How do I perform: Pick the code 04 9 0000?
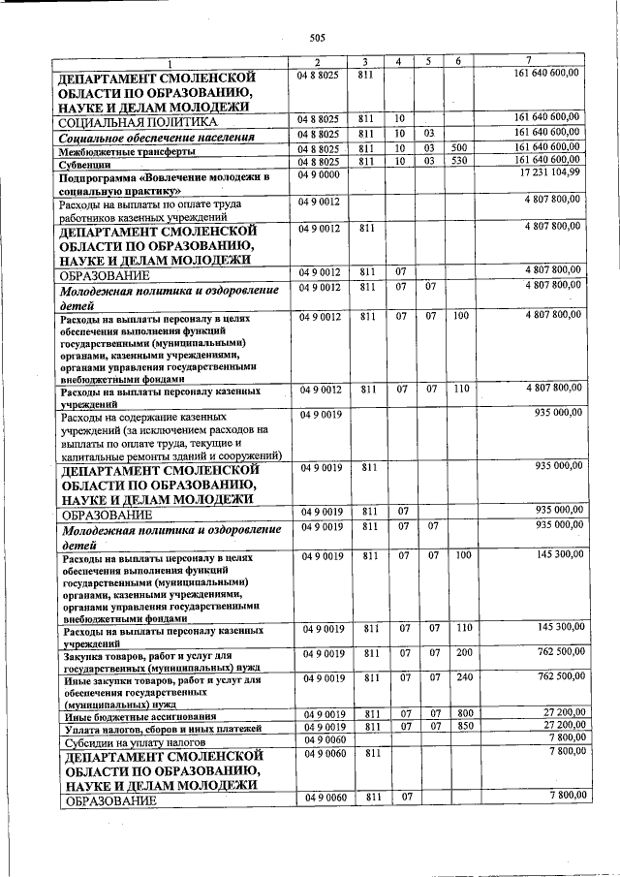click(x=319, y=173)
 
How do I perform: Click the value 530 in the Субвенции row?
click(x=459, y=160)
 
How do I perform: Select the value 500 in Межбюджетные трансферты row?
click(x=459, y=146)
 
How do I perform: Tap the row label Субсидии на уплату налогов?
click(x=131, y=742)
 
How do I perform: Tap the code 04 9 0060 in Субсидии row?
click(x=319, y=739)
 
